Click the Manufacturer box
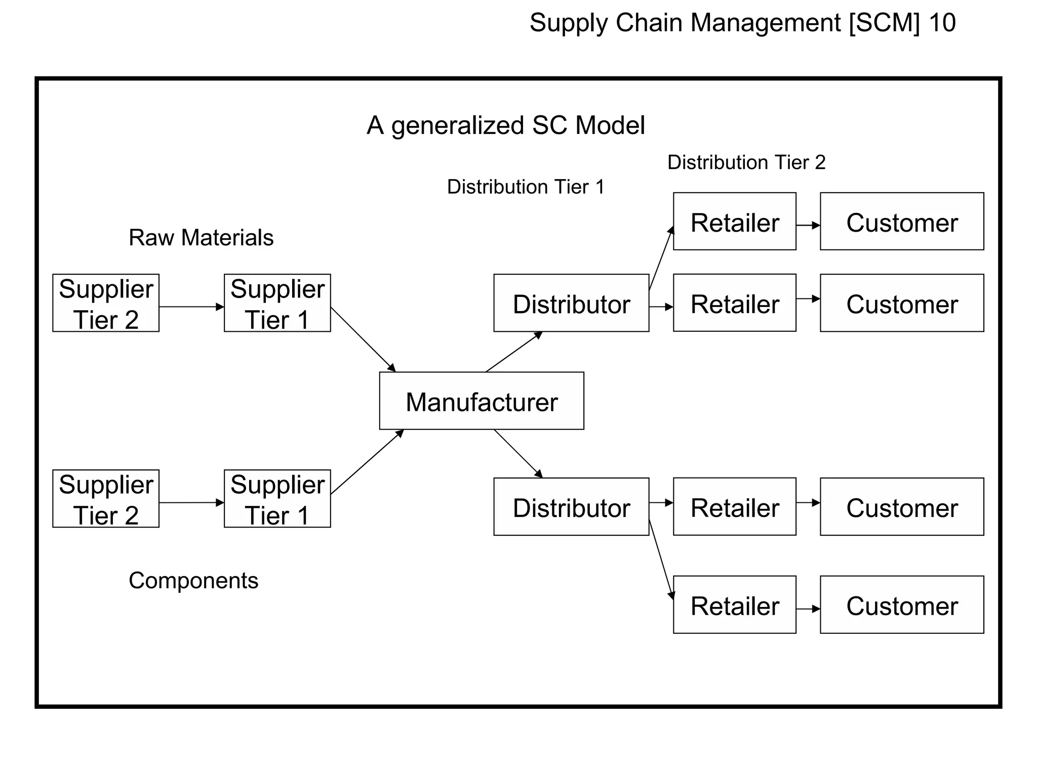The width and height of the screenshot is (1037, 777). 482,401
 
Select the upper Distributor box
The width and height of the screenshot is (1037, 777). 571,303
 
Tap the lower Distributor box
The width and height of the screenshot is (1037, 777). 571,506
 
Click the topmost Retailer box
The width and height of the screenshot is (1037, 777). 734,222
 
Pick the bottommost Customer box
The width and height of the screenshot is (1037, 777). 902,605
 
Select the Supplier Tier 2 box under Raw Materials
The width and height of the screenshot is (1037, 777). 106,303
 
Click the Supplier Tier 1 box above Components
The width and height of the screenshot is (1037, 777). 277,499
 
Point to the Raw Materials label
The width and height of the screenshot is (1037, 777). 201,238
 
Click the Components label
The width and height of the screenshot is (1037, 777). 193,581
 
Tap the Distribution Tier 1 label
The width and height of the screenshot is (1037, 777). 526,187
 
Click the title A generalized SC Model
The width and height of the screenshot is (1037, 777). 506,125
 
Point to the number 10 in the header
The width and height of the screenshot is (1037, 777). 942,23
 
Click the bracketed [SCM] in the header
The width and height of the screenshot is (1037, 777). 884,23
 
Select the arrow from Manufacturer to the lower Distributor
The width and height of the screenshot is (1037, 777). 518,454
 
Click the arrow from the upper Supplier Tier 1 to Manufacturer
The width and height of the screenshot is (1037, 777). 363,339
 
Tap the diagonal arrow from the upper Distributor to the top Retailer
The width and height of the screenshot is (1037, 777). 661,258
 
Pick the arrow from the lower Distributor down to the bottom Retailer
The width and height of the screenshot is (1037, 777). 661,559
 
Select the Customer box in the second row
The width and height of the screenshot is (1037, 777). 902,303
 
